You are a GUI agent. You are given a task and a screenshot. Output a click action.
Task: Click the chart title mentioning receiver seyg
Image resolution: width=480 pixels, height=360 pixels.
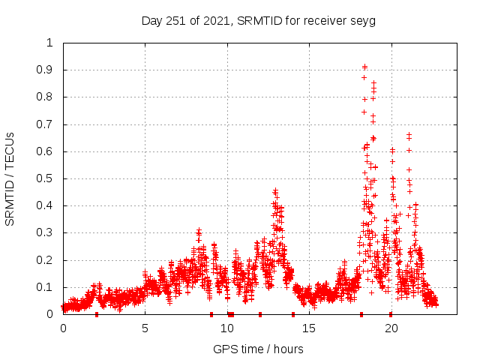tap(259, 20)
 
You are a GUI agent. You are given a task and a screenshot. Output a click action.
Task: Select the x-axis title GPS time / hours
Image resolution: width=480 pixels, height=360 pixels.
tap(258, 349)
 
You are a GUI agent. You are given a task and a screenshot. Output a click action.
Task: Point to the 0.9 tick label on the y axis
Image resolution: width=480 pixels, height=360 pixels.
tap(46, 70)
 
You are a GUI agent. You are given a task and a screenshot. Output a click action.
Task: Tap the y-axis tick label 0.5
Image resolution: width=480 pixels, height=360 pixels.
tap(46, 178)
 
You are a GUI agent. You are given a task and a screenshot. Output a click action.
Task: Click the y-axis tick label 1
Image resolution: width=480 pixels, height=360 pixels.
tap(50, 43)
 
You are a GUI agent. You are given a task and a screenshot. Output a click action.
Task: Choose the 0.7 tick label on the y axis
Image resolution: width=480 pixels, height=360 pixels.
tap(46, 124)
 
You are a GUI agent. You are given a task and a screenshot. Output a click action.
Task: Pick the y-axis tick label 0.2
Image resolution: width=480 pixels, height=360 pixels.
tap(46, 260)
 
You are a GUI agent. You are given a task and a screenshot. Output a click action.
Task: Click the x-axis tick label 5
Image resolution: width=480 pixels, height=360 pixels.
tap(145, 328)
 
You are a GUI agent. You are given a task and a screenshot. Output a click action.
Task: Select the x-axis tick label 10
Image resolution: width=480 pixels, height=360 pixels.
tap(226, 328)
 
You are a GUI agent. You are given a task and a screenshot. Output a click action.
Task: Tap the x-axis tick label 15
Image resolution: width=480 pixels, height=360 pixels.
tap(309, 328)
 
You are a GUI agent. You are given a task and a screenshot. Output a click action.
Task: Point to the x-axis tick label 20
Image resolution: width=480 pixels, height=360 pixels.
tap(391, 328)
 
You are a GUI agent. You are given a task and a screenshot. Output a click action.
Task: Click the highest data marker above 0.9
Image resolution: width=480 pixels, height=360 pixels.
tap(364, 66)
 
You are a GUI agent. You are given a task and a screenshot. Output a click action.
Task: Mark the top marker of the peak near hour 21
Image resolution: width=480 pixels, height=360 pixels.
tap(409, 134)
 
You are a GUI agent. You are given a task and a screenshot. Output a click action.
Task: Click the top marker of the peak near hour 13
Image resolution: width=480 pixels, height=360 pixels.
tap(275, 190)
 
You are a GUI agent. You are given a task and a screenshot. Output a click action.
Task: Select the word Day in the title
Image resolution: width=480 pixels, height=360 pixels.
tap(152, 20)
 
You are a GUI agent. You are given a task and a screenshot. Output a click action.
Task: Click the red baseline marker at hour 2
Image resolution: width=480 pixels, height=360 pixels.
tap(96, 314)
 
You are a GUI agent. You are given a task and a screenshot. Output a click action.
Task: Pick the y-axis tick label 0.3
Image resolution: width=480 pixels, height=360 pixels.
tap(46, 233)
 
